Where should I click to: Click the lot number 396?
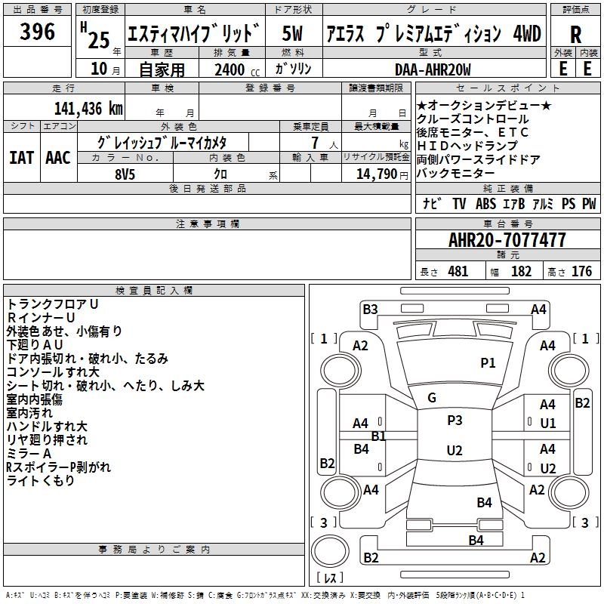pyautogui.click(x=37, y=32)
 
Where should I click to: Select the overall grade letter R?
pyautogui.click(x=575, y=35)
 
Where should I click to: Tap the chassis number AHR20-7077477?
pyautogui.click(x=507, y=240)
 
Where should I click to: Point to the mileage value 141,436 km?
pyautogui.click(x=88, y=109)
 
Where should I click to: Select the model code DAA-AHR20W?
pyautogui.click(x=433, y=69)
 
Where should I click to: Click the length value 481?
pyautogui.click(x=458, y=271)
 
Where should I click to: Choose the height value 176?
pyautogui.click(x=581, y=271)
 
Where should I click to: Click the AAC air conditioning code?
pyautogui.click(x=58, y=158)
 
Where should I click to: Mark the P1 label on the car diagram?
pyautogui.click(x=488, y=363)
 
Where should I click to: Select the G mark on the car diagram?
pyautogui.click(x=432, y=398)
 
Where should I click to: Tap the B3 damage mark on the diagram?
pyautogui.click(x=370, y=309)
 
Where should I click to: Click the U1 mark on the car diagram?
pyautogui.click(x=548, y=424)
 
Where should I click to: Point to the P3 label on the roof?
pyautogui.click(x=455, y=421)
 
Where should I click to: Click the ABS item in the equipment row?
pyautogui.click(x=485, y=204)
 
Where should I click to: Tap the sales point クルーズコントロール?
pyautogui.click(x=473, y=119)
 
